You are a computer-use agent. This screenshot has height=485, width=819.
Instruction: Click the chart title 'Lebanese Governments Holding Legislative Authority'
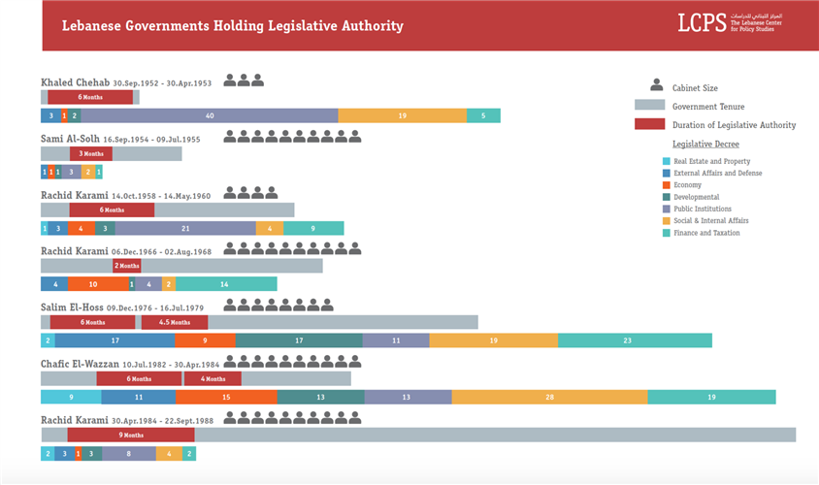(x=232, y=26)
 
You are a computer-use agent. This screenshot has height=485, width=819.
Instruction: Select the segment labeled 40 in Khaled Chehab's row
(x=209, y=115)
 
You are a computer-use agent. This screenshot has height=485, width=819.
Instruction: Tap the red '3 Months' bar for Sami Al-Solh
(x=91, y=153)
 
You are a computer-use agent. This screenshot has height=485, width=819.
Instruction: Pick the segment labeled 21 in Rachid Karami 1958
(x=185, y=229)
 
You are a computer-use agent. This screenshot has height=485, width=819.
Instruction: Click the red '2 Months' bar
(x=126, y=266)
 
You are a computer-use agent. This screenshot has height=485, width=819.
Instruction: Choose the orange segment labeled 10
(x=94, y=284)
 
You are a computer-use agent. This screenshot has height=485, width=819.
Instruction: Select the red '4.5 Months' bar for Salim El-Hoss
(x=175, y=322)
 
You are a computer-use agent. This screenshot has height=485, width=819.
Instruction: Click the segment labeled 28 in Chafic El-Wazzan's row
(x=549, y=397)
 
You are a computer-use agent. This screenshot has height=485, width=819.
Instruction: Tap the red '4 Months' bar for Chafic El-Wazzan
(x=213, y=378)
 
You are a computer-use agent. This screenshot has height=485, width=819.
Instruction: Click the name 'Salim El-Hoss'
(x=72, y=307)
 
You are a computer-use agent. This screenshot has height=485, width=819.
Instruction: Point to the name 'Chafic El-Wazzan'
(x=80, y=363)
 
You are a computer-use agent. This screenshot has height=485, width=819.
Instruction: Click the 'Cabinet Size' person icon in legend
(x=657, y=86)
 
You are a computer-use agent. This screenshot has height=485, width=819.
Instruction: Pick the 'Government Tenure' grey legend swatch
(x=648, y=106)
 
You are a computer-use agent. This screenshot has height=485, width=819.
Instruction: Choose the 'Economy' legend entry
(x=686, y=184)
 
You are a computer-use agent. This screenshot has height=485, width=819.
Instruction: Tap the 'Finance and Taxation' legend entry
(x=705, y=233)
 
